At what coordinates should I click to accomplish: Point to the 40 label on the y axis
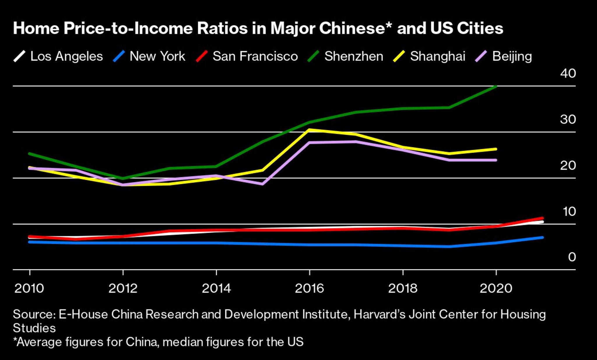coord(568,73)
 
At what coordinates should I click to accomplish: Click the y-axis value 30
coord(568,120)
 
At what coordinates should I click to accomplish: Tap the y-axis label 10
coord(569,212)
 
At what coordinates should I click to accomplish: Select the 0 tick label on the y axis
coord(572,257)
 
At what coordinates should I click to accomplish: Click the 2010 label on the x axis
coord(29,289)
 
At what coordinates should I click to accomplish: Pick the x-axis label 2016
coord(309,289)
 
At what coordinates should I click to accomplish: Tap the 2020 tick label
coord(496,289)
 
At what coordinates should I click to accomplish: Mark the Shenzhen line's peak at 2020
coord(496,87)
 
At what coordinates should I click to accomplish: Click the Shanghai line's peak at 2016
coord(309,130)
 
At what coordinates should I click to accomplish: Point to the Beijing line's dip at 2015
coord(263,184)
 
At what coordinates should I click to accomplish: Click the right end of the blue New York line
coord(542,238)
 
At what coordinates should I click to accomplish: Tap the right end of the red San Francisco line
coord(542,218)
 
